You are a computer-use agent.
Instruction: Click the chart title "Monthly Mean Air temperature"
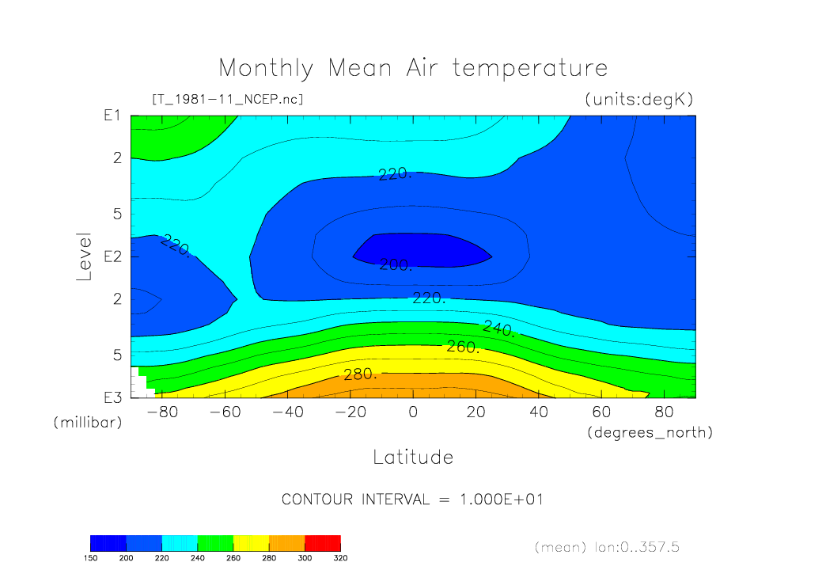click(x=412, y=68)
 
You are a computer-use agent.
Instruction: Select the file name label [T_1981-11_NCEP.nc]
click(x=227, y=100)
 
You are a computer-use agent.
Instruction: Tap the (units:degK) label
click(x=638, y=100)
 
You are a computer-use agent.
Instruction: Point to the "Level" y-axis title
click(x=85, y=257)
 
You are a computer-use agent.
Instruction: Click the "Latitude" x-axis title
click(x=412, y=457)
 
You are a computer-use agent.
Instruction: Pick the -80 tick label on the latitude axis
click(x=161, y=412)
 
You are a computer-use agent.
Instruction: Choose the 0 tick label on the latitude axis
click(x=413, y=412)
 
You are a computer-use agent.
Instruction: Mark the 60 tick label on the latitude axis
click(x=601, y=412)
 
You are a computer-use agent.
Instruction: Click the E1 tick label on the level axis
click(x=112, y=116)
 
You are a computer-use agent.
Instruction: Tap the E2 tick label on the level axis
click(x=112, y=257)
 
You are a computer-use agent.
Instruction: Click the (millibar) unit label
click(x=88, y=422)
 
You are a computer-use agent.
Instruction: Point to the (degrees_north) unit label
click(x=650, y=432)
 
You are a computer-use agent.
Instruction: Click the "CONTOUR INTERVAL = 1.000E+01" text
click(x=412, y=500)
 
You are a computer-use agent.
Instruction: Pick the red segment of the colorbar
click(x=323, y=542)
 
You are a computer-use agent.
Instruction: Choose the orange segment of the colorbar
click(x=286, y=542)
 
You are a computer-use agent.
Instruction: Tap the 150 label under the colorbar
click(x=90, y=558)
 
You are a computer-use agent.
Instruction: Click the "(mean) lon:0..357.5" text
click(x=607, y=547)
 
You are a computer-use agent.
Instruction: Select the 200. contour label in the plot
click(x=396, y=265)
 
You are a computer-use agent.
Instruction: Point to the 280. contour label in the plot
click(x=360, y=374)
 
